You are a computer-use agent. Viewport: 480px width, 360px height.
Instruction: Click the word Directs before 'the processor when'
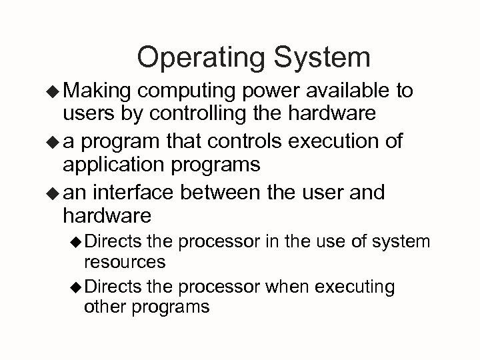click(113, 288)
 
